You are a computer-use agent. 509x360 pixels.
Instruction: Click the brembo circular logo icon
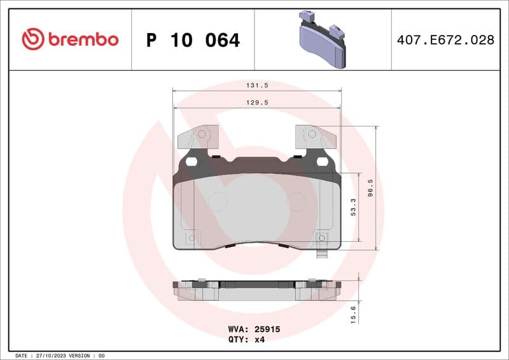[33, 39]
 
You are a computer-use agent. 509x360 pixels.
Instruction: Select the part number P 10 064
[193, 40]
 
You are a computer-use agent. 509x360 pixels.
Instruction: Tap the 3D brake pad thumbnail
[323, 39]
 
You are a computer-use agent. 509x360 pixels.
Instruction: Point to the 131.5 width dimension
[256, 84]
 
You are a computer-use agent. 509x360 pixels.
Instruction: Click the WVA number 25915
[268, 330]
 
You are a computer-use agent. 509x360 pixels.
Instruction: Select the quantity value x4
[259, 340]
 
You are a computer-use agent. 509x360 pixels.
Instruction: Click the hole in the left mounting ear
[202, 134]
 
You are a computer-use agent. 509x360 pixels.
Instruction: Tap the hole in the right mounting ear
[311, 134]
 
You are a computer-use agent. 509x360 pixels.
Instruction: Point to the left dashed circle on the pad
[217, 202]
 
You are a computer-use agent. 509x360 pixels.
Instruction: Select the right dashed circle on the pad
[296, 202]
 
